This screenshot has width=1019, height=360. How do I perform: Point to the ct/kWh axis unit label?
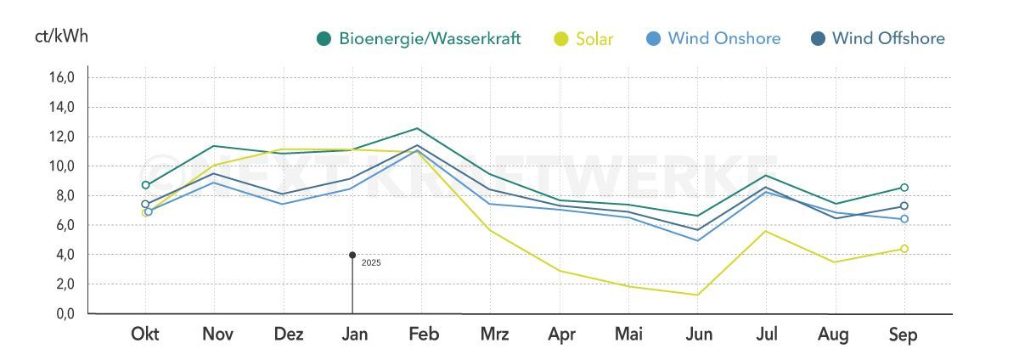(x=61, y=37)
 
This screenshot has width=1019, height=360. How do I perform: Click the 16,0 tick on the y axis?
(x=63, y=77)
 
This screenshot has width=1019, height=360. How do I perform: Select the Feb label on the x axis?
(x=424, y=335)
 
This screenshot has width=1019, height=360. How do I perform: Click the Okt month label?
(x=145, y=335)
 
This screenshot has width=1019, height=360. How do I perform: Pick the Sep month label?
(x=904, y=335)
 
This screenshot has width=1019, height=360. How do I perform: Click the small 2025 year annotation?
(x=371, y=263)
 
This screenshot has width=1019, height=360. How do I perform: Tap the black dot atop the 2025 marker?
(x=352, y=255)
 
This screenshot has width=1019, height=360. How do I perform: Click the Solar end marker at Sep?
(x=904, y=249)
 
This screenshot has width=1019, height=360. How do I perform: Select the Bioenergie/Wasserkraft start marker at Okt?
(x=145, y=185)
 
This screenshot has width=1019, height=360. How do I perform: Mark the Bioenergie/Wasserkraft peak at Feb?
(x=417, y=128)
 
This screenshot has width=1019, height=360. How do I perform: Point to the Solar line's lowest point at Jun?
(x=697, y=295)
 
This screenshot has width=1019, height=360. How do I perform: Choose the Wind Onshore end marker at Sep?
(x=904, y=219)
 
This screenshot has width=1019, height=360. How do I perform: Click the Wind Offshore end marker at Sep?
(x=904, y=206)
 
